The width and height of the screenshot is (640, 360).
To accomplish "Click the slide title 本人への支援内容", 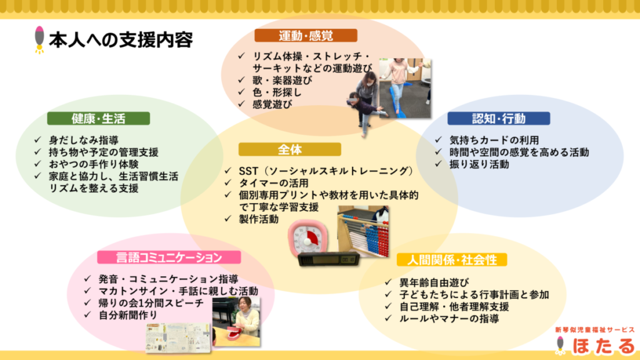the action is [121, 40].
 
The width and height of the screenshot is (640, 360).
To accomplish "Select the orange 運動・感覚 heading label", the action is [306, 36].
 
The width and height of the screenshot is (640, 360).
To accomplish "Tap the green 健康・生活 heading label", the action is [98, 118].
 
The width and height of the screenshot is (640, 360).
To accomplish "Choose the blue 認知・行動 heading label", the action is [499, 118].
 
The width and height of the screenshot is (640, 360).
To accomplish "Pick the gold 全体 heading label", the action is [290, 149].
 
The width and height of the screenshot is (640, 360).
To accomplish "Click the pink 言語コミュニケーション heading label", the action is [169, 257].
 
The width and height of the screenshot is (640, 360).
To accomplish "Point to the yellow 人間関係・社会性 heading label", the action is [452, 259].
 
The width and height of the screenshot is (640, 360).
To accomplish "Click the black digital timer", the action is [329, 259].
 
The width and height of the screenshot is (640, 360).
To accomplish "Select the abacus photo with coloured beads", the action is [363, 231].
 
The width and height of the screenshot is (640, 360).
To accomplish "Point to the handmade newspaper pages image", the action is [178, 337].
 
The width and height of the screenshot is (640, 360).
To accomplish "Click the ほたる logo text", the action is [604, 346].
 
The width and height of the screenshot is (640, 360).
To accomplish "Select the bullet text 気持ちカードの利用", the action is [494, 140].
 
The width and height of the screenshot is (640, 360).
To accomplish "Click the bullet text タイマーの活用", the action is [274, 183].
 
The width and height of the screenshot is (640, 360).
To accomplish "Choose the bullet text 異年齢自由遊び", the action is [434, 282].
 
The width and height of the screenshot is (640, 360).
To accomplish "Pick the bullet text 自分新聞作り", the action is [128, 315].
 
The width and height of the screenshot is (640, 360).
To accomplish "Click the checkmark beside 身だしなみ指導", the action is [38, 140].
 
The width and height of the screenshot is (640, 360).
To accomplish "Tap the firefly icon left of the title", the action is [39, 39].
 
